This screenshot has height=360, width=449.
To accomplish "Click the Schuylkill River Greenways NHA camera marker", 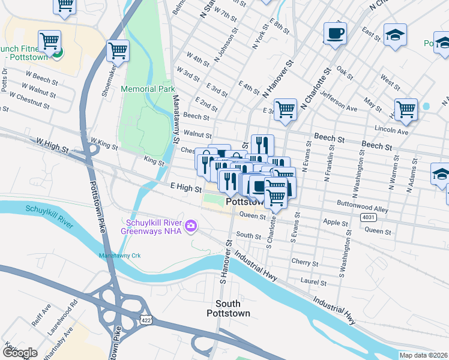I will coord(191,225).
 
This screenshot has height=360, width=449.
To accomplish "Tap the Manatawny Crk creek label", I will coord(119,256).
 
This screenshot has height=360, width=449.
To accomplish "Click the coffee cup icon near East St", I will coord(335,34).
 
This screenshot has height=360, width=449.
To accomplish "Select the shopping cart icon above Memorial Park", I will coord(118,51).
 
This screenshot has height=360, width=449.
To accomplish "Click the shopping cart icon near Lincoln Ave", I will coord(406,110).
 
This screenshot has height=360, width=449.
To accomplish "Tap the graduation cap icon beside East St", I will coord(395,35).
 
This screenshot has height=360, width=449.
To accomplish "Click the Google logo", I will coord(20,353).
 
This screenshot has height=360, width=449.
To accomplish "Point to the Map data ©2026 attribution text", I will coord(423,355).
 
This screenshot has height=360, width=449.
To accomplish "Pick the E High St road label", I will coord(185,188).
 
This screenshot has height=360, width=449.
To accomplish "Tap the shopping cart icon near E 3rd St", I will coord(285,110).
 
